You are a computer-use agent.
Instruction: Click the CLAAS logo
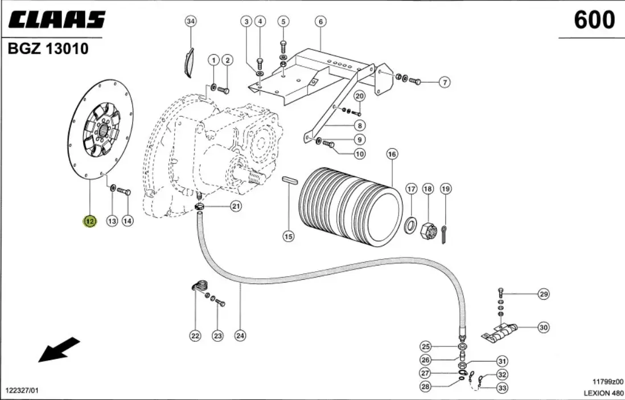point(56,19)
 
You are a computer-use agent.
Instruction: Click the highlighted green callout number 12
point(90,221)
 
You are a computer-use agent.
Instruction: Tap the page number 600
point(594,20)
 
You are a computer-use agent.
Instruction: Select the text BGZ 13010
point(48,48)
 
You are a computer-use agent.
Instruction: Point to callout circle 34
point(191,21)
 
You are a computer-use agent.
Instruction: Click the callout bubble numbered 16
point(392,154)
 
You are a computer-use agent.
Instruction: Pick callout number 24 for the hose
point(240,336)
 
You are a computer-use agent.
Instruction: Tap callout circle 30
point(544,328)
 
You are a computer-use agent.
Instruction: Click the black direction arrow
point(59,350)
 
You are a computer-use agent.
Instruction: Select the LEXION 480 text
point(603,393)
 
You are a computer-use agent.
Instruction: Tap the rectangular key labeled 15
point(290,180)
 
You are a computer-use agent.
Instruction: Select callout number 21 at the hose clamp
point(236,206)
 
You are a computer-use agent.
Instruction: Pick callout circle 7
point(445,83)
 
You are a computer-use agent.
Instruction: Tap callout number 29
point(544,295)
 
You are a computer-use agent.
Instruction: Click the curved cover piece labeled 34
point(188,62)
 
